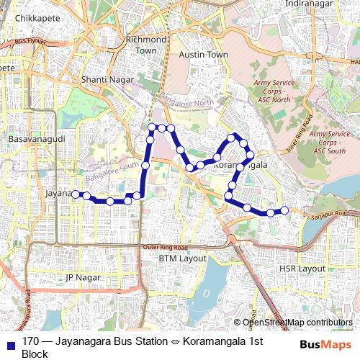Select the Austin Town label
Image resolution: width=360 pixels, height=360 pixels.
pyautogui.click(x=204, y=55)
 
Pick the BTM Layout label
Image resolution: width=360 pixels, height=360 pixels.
pyautogui.click(x=183, y=258)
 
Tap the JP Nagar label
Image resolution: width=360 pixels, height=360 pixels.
pyautogui.click(x=81, y=277)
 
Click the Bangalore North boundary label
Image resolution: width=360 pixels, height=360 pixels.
pyautogui.click(x=187, y=100)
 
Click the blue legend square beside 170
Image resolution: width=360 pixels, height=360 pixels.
pyautogui.click(x=11, y=341)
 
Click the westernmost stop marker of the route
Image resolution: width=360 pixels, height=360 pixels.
pyautogui.click(x=75, y=193)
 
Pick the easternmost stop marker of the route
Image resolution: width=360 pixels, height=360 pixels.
pyautogui.click(x=284, y=210)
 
